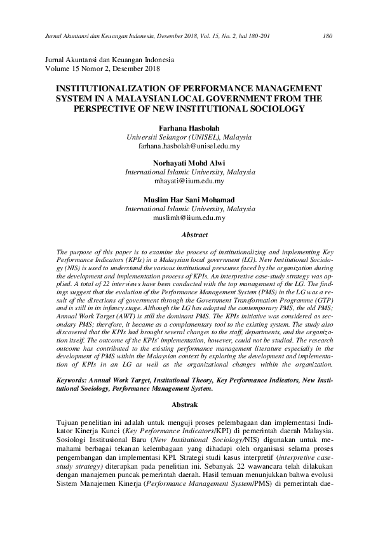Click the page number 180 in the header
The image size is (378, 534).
coord(328,36)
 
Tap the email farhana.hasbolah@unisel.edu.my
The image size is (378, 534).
coord(189,146)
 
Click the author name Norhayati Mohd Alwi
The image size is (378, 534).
coord(189,163)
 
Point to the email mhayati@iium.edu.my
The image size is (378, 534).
coord(189,181)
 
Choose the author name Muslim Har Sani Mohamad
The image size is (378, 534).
coord(189,199)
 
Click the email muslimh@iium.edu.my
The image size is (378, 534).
coord(189,218)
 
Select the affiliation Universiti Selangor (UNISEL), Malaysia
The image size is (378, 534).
coord(189,137)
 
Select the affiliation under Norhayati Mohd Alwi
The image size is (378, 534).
coord(189,173)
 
